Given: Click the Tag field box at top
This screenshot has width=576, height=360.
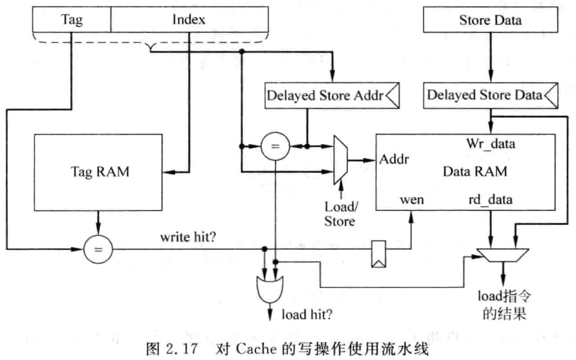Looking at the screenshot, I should [x=72, y=19].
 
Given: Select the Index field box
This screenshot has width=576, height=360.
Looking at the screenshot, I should [x=189, y=19].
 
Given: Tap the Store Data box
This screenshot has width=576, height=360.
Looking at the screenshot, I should [x=490, y=20].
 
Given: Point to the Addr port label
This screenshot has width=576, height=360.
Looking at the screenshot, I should [x=394, y=159].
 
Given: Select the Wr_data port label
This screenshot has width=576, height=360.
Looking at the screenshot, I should [x=491, y=143].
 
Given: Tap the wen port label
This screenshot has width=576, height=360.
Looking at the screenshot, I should [x=412, y=200].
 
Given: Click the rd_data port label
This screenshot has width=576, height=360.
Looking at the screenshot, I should [x=490, y=200].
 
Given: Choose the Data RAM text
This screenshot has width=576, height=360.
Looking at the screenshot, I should [x=475, y=172].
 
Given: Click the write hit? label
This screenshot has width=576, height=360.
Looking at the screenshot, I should [x=188, y=237].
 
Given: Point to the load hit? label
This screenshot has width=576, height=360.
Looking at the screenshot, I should [x=307, y=315].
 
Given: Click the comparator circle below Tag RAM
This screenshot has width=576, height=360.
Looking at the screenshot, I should [x=98, y=249].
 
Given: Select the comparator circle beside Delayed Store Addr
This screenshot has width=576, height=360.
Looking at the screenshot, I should [x=275, y=146].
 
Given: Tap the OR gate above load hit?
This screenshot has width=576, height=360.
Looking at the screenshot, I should [x=270, y=288].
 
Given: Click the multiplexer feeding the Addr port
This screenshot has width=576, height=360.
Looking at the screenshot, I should [x=340, y=160].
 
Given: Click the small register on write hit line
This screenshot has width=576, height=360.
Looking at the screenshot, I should [x=378, y=254].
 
